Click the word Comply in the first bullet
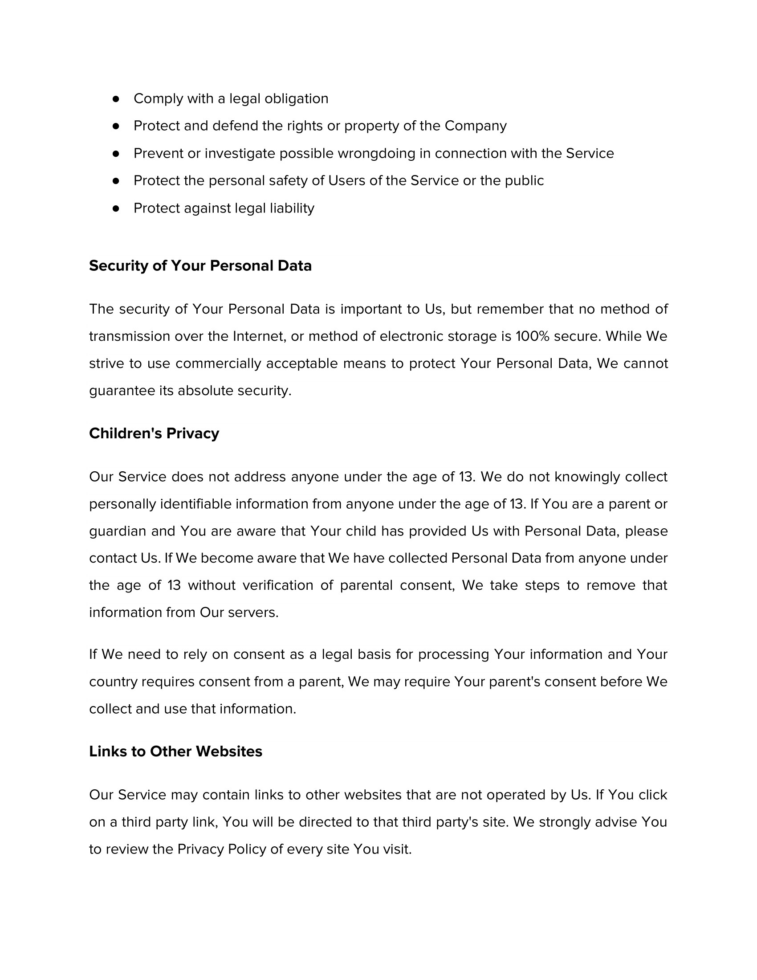pos(158,99)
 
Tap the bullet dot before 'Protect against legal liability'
pos(116,208)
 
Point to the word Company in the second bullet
pos(476,126)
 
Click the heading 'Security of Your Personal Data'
pos(200,265)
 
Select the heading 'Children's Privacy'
pos(154,433)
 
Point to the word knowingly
pos(584,477)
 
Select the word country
pos(113,682)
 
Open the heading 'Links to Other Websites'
pos(175,751)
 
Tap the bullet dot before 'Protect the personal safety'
pos(116,181)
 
